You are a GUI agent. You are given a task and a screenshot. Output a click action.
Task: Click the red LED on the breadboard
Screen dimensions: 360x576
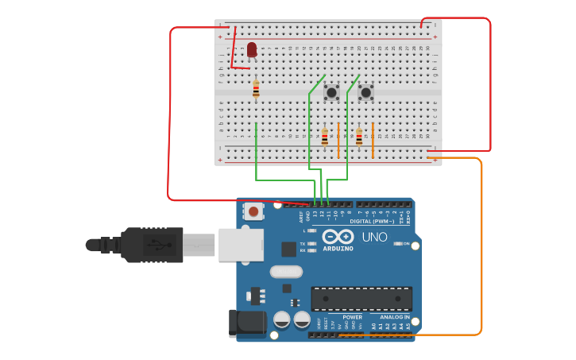coord(252,51)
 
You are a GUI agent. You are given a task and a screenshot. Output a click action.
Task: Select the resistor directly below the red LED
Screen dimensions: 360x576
coord(256,90)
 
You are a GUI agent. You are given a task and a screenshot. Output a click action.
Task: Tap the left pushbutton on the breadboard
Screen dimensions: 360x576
coord(331,92)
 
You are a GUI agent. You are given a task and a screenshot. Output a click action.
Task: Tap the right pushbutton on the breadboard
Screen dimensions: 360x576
coord(365,93)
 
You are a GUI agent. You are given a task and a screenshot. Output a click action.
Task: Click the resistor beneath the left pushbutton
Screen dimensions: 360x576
coord(324,137)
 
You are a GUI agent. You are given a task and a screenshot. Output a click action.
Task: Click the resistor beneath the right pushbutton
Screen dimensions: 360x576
coord(359,137)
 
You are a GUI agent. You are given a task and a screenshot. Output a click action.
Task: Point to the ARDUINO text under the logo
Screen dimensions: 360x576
coord(338,248)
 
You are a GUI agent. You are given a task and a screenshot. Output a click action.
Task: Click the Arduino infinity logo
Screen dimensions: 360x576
coord(338,237)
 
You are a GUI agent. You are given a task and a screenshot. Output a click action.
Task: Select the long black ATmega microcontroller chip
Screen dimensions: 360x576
coord(361,299)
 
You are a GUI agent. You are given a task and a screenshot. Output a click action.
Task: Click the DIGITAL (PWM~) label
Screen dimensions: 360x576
coord(372,221)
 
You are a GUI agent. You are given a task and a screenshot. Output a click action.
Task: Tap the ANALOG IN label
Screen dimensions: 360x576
coord(395,317)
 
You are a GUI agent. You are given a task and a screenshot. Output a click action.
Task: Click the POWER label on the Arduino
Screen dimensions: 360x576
coord(352,317)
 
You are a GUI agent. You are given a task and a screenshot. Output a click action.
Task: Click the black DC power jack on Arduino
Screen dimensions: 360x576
coord(247,323)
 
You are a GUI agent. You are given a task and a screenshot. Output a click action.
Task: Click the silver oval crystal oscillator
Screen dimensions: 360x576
coord(286,272)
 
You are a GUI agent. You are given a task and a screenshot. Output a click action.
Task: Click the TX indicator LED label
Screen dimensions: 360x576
coord(303,243)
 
